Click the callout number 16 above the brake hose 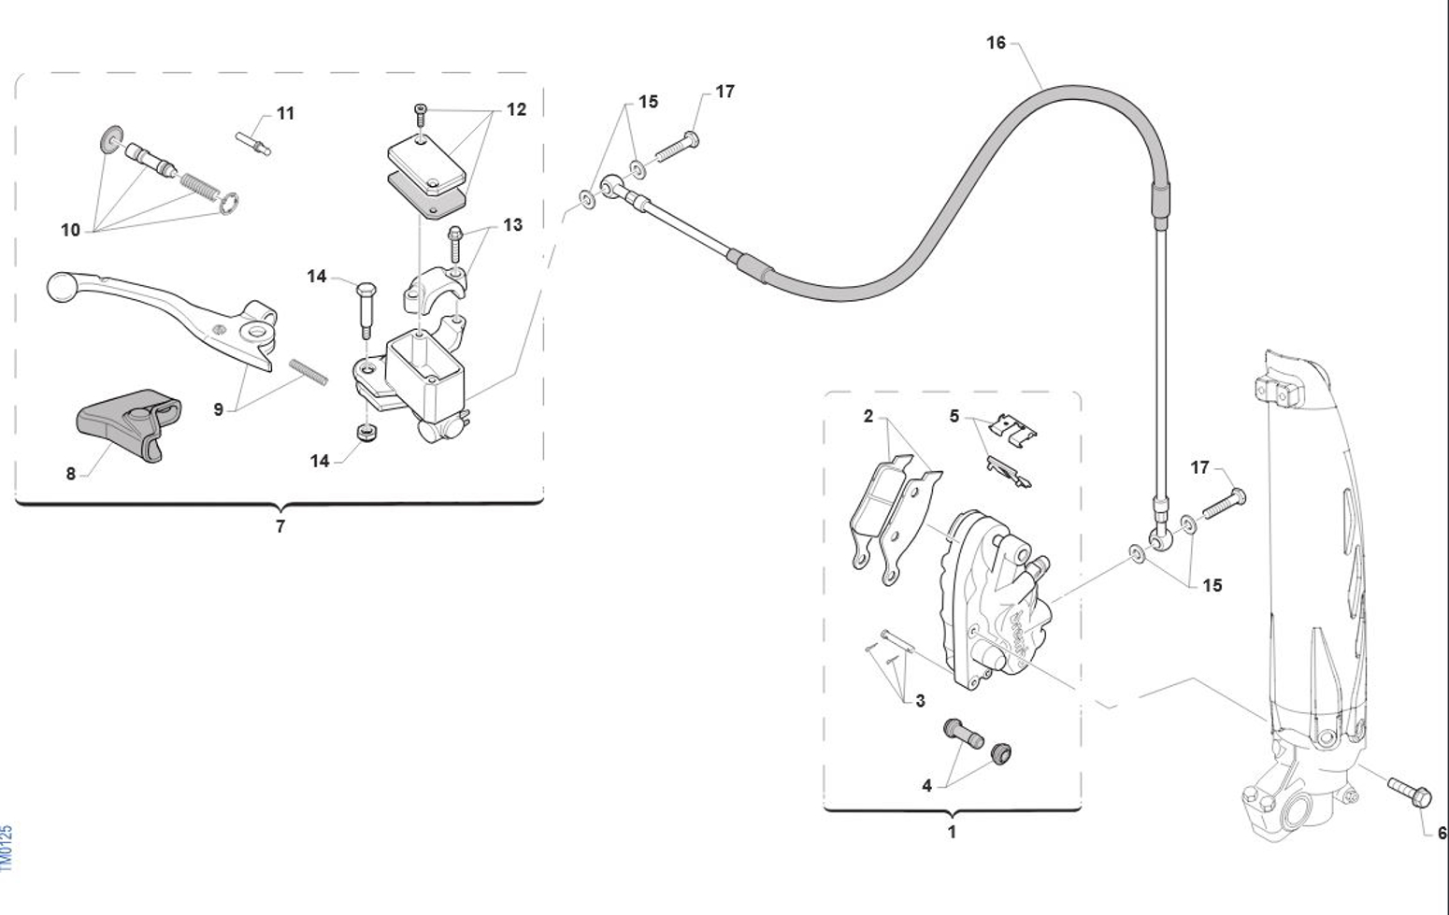tap(996, 43)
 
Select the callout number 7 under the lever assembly tap(280, 527)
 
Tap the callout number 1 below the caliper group tap(952, 831)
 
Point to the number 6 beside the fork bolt tap(1441, 833)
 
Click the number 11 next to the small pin tap(286, 113)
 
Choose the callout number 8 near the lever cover tap(71, 474)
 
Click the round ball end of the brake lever tap(61, 285)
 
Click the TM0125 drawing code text tap(7, 848)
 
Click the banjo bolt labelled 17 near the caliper tap(1224, 503)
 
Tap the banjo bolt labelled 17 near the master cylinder tap(678, 148)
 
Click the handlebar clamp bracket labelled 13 tap(433, 288)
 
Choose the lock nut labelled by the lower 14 tap(366, 433)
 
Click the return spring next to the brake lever tap(309, 370)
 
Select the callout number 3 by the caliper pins tap(920, 701)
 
